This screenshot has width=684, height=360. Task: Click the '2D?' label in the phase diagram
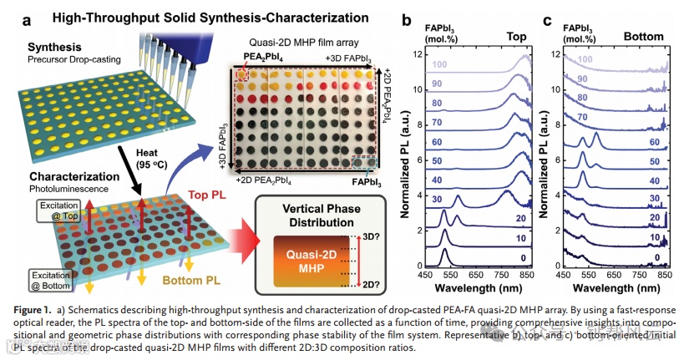367,285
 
